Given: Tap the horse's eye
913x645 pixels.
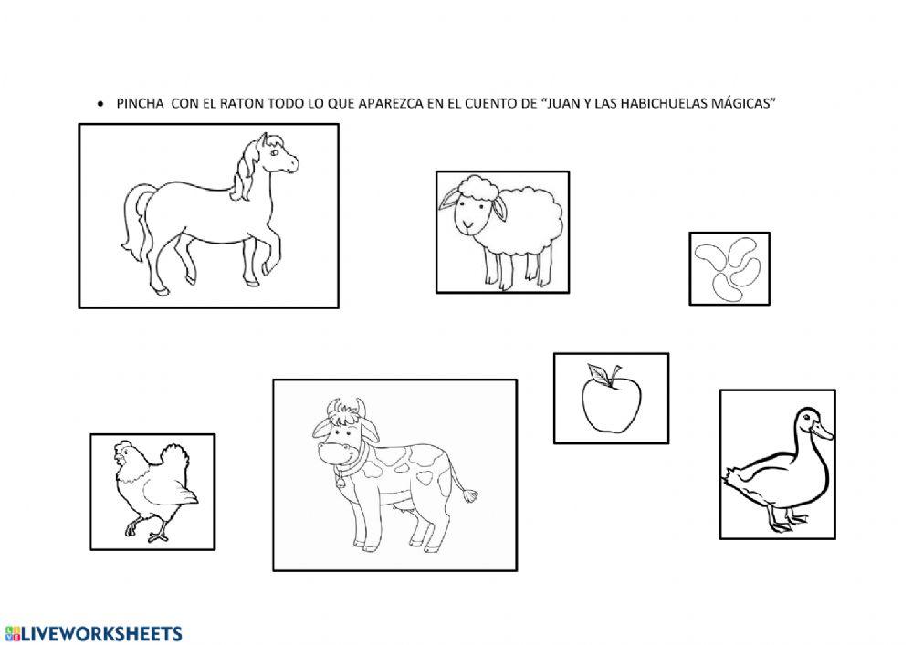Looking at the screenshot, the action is pyautogui.click(x=274, y=153).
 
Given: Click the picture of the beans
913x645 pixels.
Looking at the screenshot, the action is pyautogui.click(x=729, y=268).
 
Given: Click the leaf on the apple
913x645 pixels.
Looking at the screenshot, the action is pyautogui.click(x=598, y=373).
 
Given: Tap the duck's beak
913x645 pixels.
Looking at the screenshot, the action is pyautogui.click(x=822, y=431).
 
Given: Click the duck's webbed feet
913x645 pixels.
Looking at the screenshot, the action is pyautogui.click(x=787, y=521).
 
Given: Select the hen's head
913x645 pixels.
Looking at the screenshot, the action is pyautogui.click(x=124, y=455).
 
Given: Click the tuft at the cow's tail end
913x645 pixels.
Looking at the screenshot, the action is pyautogui.click(x=469, y=495).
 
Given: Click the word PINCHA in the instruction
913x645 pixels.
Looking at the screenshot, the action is pyautogui.click(x=140, y=103).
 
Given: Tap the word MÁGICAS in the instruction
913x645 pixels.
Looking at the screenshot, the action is pyautogui.click(x=745, y=103).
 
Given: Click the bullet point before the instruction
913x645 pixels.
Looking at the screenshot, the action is pyautogui.click(x=101, y=104).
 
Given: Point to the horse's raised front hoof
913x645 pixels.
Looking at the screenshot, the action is pyautogui.click(x=267, y=270).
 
